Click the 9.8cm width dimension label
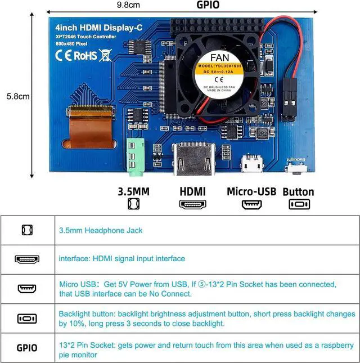(x=128, y=5)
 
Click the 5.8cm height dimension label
(x=17, y=96)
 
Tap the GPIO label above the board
(x=208, y=5)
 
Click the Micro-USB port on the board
(x=251, y=164)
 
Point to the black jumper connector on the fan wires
(x=290, y=99)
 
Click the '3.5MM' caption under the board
(x=133, y=191)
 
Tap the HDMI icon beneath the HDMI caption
(x=192, y=204)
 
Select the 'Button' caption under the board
(x=298, y=191)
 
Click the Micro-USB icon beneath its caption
(x=251, y=204)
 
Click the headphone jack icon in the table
(x=27, y=230)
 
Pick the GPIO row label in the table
(x=27, y=347)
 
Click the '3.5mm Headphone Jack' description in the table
(x=101, y=230)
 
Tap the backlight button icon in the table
(x=27, y=319)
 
